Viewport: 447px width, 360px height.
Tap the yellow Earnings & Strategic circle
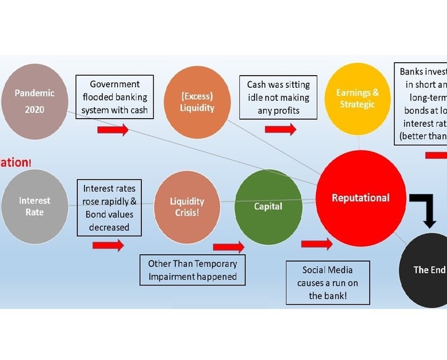pos(357,99)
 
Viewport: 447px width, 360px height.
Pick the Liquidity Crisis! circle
pos(186,206)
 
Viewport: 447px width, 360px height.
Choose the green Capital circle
pos(268,206)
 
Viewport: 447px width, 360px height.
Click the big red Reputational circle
pos(360,198)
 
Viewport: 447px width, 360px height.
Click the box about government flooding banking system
pos(115,97)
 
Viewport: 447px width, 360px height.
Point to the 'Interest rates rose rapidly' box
pos(109,208)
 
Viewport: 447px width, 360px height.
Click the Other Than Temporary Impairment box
pos(192,270)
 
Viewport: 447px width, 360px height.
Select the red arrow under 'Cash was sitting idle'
pos(280,129)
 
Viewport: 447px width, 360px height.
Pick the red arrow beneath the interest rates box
pos(108,245)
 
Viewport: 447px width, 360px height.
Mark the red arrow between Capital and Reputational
pos(316,244)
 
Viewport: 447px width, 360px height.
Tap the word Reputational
pos(360,198)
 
